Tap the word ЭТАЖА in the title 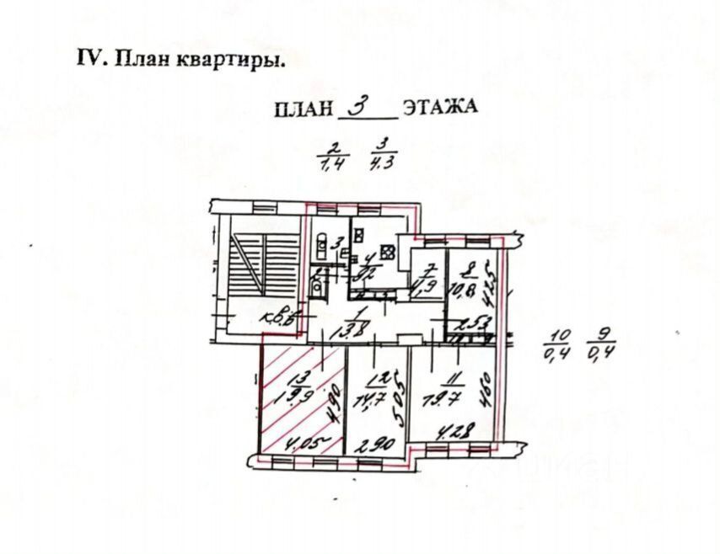[x=440, y=107]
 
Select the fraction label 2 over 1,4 [x=331, y=156]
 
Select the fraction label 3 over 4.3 [x=384, y=156]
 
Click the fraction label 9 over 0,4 [x=602, y=343]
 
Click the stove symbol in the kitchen [x=387, y=250]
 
